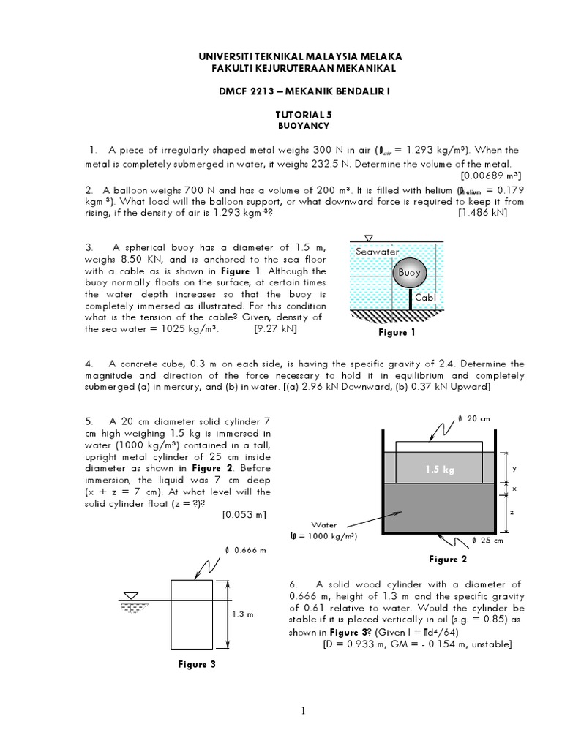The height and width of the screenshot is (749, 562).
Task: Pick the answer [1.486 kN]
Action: [482, 213]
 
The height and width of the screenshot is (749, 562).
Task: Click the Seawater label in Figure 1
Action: [378, 252]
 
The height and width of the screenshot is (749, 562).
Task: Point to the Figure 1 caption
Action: [397, 333]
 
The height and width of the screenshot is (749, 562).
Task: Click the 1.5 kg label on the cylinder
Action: [439, 470]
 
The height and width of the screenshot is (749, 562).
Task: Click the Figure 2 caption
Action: [448, 560]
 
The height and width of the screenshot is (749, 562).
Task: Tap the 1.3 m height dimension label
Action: [242, 614]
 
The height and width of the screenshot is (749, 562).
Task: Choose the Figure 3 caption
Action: [197, 665]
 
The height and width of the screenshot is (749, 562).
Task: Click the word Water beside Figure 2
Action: [323, 524]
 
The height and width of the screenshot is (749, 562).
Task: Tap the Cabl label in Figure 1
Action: [425, 298]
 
